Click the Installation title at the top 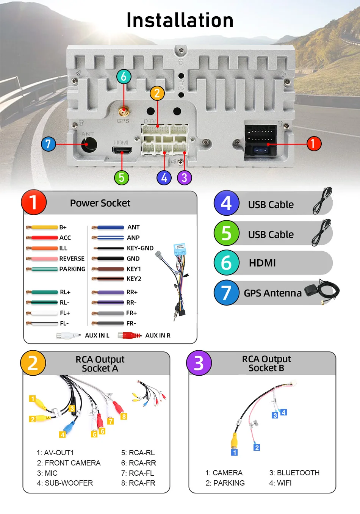[x=180, y=20]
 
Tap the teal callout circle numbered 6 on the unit [x=124, y=77]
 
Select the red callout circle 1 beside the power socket [x=313, y=144]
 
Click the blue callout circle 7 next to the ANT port [x=48, y=144]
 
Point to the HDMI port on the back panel [x=122, y=150]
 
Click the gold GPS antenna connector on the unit [x=123, y=112]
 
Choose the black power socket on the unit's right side [x=260, y=140]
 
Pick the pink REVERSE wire [x=42, y=259]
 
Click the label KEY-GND [x=140, y=248]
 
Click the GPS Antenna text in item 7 [x=272, y=293]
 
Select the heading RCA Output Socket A [x=100, y=364]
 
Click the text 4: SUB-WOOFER [x=65, y=483]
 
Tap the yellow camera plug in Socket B [x=235, y=441]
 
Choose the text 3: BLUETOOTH [x=294, y=473]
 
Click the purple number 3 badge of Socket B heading [x=199, y=363]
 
